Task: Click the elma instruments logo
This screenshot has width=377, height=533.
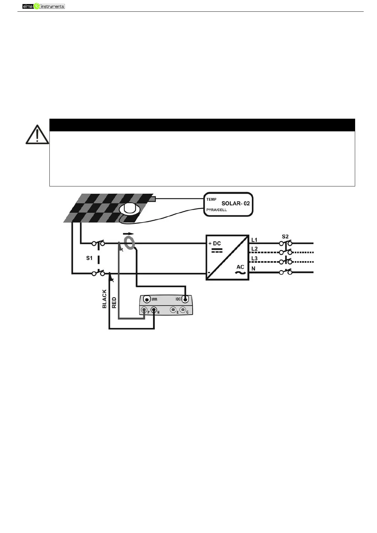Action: pyautogui.click(x=43, y=6)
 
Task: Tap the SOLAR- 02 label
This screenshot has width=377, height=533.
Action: pyautogui.click(x=235, y=203)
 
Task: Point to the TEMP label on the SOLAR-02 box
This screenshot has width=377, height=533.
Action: pyautogui.click(x=211, y=199)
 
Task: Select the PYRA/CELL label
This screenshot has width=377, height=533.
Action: pyautogui.click(x=216, y=210)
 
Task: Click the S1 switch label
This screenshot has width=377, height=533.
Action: pyautogui.click(x=89, y=258)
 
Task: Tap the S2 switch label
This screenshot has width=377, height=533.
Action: pyautogui.click(x=285, y=236)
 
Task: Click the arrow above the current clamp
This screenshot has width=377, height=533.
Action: pyautogui.click(x=128, y=234)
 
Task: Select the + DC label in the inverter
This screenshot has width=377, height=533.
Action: pyautogui.click(x=214, y=243)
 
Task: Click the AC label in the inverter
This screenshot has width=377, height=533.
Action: pyautogui.click(x=240, y=267)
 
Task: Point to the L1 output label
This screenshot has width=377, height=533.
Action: pyautogui.click(x=254, y=240)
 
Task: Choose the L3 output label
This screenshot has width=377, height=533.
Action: pyautogui.click(x=254, y=259)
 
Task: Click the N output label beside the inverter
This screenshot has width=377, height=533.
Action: pyautogui.click(x=253, y=269)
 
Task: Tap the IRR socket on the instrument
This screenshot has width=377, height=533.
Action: pyautogui.click(x=146, y=299)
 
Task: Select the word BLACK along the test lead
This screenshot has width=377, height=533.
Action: pyautogui.click(x=104, y=298)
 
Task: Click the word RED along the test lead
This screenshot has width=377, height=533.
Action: pyautogui.click(x=114, y=303)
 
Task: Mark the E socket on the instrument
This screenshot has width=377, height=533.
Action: pyautogui.click(x=173, y=310)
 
